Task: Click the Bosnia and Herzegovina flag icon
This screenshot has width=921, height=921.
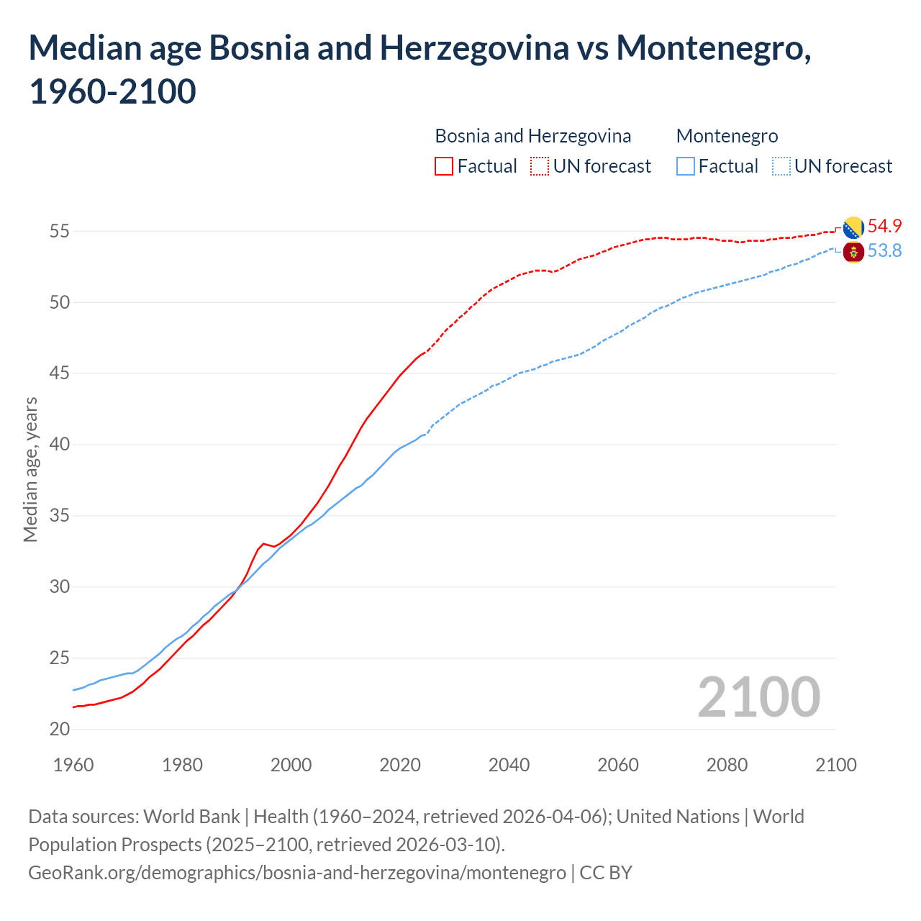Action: [853, 227]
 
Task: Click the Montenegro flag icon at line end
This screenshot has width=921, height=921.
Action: [853, 252]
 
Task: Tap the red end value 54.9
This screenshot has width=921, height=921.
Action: [884, 226]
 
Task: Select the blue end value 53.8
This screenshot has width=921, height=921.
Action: [884, 250]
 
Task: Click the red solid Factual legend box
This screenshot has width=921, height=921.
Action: [444, 166]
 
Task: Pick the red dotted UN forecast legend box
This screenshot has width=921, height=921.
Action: [540, 166]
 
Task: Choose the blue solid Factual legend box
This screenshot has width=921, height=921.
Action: [686, 166]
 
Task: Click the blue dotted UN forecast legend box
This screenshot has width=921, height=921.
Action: [781, 166]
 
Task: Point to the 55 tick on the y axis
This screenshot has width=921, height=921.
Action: [60, 231]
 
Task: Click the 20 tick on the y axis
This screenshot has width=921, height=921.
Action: [60, 729]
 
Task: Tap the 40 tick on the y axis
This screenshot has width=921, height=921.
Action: [60, 445]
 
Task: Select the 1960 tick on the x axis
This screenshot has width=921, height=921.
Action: [73, 764]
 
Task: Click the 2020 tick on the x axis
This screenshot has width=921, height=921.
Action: [400, 764]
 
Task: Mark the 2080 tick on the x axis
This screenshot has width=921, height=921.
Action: [727, 764]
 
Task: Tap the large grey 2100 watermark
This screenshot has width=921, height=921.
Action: [758, 697]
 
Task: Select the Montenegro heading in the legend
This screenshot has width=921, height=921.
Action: [727, 136]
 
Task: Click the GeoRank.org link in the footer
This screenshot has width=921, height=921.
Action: [296, 872]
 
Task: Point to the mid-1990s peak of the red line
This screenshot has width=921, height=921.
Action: [263, 543]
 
